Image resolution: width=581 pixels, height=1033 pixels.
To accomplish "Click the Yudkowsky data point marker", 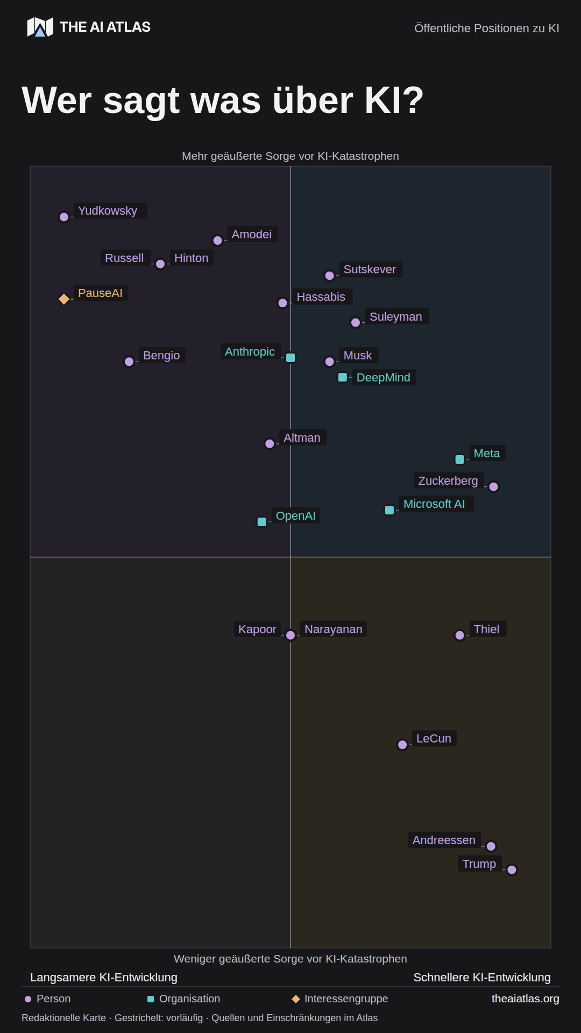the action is click(x=64, y=217).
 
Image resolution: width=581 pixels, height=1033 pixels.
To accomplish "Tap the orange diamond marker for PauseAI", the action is click(x=64, y=299).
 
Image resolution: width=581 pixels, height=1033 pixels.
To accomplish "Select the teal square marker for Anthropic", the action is click(x=290, y=358).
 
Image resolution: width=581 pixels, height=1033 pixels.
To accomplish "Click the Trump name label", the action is click(x=479, y=864).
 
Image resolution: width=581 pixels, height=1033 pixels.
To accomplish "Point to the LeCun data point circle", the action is click(x=402, y=745).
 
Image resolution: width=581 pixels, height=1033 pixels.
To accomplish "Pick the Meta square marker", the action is click(x=460, y=459).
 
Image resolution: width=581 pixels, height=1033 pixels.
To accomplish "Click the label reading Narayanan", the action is click(x=334, y=629).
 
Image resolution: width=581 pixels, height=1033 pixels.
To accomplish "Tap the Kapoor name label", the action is click(x=257, y=629).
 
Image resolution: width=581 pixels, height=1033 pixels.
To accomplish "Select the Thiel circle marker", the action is click(x=460, y=635).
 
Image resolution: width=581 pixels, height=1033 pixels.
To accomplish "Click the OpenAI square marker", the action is click(x=262, y=522).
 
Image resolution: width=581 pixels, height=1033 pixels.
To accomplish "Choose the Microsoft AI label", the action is click(x=434, y=504).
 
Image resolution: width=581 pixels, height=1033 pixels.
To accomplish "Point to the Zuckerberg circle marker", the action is click(x=494, y=487).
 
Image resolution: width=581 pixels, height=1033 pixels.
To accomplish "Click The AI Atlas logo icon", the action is click(x=40, y=27).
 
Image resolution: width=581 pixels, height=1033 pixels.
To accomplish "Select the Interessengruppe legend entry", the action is click(x=340, y=999).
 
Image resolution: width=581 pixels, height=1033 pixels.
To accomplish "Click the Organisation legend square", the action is click(x=151, y=999).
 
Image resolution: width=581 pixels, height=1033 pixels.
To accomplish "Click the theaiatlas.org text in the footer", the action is click(x=526, y=999).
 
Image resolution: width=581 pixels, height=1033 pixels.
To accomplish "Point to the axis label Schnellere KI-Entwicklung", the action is click(x=482, y=977).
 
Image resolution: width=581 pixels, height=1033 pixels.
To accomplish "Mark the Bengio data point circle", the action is click(x=129, y=362).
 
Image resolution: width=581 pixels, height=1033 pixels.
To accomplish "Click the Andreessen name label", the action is click(x=444, y=840).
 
